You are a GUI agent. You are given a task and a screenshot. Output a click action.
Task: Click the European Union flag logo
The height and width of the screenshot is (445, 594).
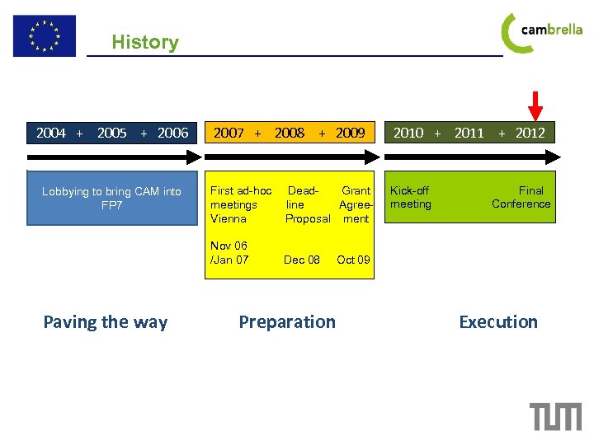pos(44,36)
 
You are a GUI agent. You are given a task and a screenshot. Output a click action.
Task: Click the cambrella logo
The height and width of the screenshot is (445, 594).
pos(541,32)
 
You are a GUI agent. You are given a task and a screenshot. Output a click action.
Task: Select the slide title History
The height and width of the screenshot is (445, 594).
pos(144,42)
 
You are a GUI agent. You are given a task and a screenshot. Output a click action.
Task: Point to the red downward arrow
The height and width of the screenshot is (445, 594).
pos(535,105)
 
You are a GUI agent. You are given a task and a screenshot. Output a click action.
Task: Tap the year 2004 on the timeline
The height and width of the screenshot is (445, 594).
pos(51,133)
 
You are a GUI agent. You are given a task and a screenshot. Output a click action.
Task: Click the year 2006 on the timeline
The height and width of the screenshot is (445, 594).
pos(172,133)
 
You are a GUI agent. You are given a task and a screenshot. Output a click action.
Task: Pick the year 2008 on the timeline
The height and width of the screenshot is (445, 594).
pos(290,133)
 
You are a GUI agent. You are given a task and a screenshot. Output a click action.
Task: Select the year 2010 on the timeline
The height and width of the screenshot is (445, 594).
pos(408,133)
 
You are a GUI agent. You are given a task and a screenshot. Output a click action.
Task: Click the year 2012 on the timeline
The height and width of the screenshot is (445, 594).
pos(530,133)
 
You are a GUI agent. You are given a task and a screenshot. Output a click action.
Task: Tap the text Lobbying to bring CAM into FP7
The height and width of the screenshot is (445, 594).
pos(111,198)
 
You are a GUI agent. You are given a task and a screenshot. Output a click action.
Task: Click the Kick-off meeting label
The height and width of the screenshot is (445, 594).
pos(410,197)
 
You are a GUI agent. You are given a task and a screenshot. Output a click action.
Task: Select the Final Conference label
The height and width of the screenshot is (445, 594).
pos(521,197)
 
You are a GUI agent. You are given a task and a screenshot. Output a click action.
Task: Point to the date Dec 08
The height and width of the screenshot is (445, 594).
pos(301,260)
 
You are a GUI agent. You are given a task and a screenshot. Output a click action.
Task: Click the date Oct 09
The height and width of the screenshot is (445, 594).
pos(353,260)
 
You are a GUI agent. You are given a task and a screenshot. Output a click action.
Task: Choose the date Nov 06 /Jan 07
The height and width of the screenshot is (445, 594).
pos(229,253)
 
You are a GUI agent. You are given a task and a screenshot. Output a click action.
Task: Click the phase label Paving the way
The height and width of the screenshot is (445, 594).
pos(105,322)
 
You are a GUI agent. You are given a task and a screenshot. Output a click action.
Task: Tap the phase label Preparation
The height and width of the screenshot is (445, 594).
pos(287,322)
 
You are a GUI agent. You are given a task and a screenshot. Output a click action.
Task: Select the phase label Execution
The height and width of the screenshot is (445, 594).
pos(497,322)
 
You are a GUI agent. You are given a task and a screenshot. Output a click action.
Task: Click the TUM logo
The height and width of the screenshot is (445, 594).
pos(555,416)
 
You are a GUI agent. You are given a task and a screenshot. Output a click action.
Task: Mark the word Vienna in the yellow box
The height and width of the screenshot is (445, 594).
pos(229,218)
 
